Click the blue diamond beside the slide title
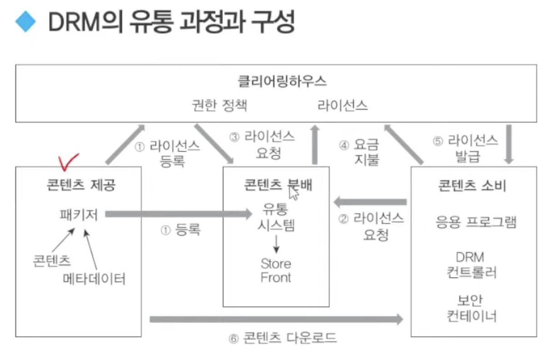(25, 21)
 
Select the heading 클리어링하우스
(282, 81)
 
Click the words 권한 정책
(220, 105)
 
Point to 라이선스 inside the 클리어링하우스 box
(342, 105)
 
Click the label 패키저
(79, 214)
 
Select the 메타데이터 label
(94, 278)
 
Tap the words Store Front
(276, 270)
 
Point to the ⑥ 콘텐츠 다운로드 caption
(283, 338)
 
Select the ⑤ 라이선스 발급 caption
(465, 147)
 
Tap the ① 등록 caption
(181, 230)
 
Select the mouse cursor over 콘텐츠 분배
(293, 192)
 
